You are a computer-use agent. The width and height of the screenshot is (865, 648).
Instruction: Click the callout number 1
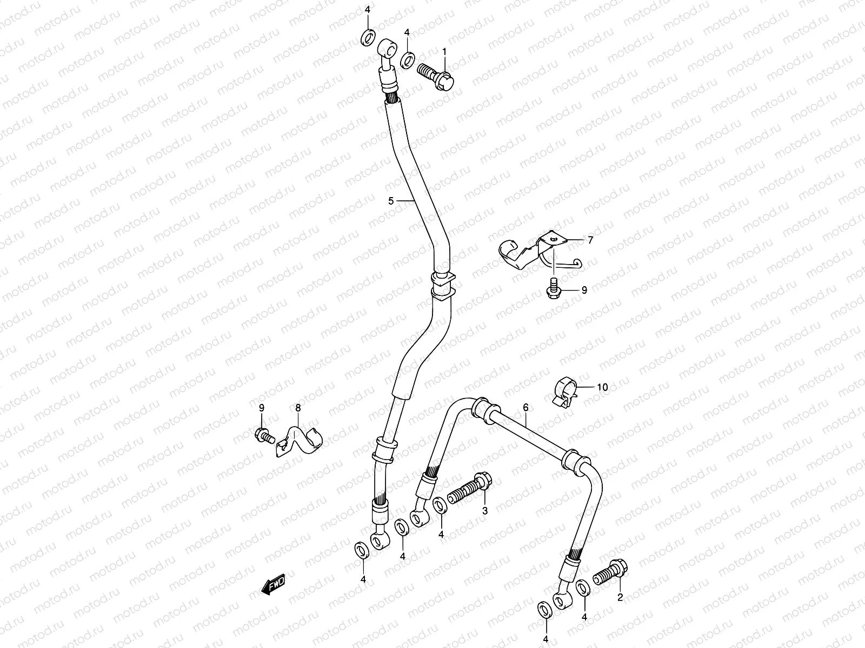[445, 52]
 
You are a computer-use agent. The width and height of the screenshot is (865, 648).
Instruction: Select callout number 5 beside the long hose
[391, 201]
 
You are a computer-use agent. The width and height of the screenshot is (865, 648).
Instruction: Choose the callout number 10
[602, 387]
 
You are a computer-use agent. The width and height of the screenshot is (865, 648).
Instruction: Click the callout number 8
[298, 408]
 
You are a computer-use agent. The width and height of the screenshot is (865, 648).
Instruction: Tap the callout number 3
[485, 510]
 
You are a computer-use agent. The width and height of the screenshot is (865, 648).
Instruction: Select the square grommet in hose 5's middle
[443, 286]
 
